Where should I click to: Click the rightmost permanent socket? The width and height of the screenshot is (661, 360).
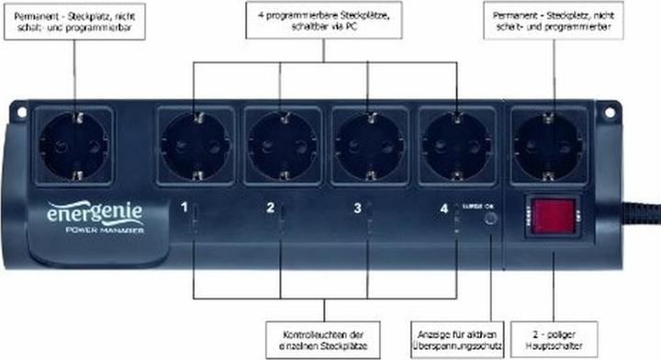(x=549, y=145)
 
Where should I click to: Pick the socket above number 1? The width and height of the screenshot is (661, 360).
(x=197, y=145)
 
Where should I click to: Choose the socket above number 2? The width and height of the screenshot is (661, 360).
(x=283, y=145)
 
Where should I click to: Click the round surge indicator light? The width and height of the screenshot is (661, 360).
(x=492, y=220)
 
